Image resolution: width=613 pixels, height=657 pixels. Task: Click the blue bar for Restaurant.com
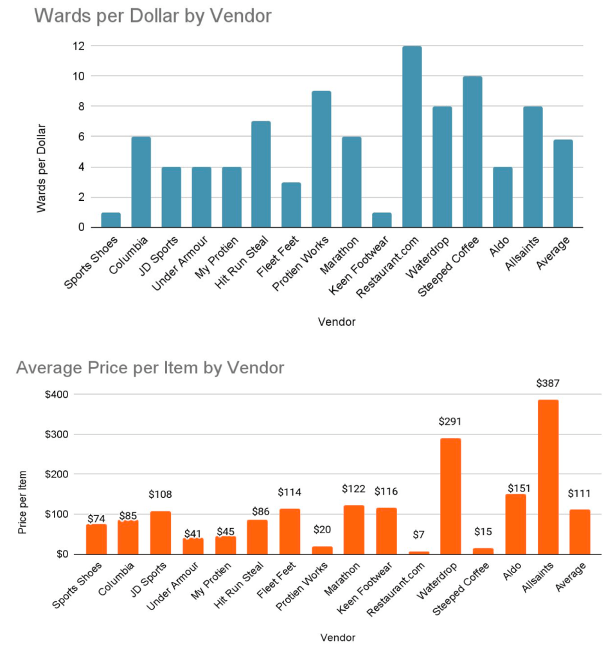[412, 137]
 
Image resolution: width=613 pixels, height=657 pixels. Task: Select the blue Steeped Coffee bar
[472, 152]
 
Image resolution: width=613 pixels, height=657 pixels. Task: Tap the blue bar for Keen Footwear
[382, 220]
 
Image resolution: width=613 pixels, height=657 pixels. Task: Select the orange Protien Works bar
[322, 550]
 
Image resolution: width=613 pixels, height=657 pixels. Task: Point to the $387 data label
[548, 384]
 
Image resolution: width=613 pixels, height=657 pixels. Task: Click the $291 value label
[450, 422]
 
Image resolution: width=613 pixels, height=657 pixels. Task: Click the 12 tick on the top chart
[78, 46]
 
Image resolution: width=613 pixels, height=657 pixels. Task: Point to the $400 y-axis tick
[57, 394]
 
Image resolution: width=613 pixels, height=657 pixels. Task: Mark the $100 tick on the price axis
[57, 515]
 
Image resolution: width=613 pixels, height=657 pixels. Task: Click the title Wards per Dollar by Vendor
[153, 16]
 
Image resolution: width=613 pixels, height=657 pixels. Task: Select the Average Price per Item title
[150, 368]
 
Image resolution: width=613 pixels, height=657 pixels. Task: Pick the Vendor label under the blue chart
[337, 322]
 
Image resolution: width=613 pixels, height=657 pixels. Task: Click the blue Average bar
[563, 183]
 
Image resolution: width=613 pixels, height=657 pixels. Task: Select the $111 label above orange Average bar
[580, 494]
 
